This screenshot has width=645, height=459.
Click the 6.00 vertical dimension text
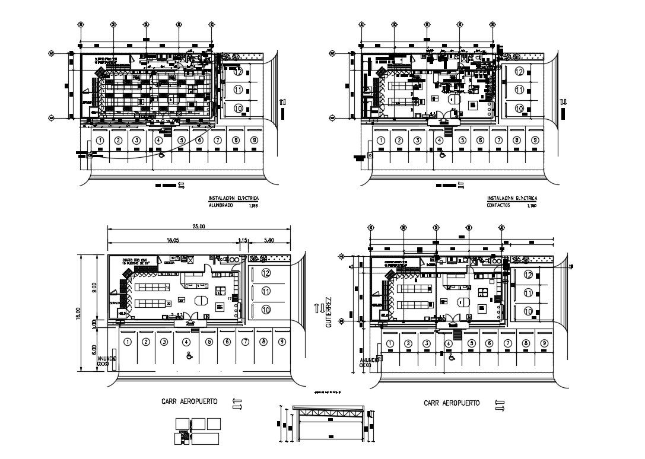pyautogui.click(x=93, y=350)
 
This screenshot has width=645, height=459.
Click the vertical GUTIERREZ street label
pyautogui.click(x=327, y=313)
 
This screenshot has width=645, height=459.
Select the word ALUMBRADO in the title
pyautogui.click(x=221, y=205)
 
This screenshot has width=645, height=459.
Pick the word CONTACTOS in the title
pyautogui.click(x=500, y=205)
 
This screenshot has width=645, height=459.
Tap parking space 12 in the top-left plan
pyautogui.click(x=239, y=73)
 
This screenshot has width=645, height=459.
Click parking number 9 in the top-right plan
pyautogui.click(x=535, y=141)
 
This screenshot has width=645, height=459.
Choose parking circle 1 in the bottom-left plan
pyautogui.click(x=126, y=342)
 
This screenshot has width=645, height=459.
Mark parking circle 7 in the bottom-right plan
pyautogui.click(x=507, y=344)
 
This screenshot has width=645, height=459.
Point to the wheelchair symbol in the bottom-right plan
pyautogui.click(x=452, y=357)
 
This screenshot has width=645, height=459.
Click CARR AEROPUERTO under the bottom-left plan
pyautogui.click(x=189, y=401)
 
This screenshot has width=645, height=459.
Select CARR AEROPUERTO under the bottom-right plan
pyautogui.click(x=452, y=403)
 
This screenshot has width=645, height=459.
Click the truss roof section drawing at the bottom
pyautogui.click(x=325, y=422)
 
